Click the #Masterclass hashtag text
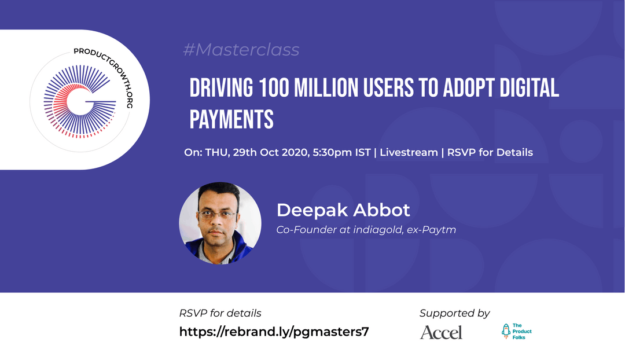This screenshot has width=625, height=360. point(241,50)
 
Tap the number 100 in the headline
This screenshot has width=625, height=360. point(273,88)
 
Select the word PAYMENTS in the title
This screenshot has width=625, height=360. point(231,119)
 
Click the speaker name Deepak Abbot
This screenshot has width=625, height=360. point(343,210)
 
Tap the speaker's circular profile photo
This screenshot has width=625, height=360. point(220,223)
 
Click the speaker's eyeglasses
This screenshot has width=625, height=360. point(217,215)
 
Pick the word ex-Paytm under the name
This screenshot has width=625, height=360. point(431,230)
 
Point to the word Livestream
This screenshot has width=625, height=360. point(409,152)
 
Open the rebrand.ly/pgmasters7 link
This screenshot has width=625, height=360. point(274,332)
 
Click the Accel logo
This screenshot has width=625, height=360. point(441,332)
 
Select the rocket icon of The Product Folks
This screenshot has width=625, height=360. point(506,331)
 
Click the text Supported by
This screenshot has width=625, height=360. point(454,313)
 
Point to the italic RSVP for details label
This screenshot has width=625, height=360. point(220,313)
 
